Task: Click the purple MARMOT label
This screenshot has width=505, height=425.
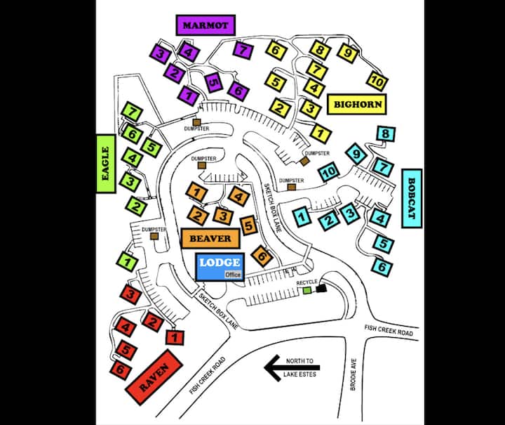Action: (x=206, y=25)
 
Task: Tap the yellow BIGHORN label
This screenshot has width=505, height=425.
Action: (x=358, y=105)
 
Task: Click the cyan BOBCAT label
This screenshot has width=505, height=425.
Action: (x=411, y=197)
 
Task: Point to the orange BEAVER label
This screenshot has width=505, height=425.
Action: (x=210, y=238)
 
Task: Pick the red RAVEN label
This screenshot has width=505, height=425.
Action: (x=154, y=374)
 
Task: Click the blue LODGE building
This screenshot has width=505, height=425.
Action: (x=219, y=266)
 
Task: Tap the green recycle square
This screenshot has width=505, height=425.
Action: (x=307, y=290)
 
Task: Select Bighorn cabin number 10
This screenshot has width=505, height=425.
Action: (x=377, y=81)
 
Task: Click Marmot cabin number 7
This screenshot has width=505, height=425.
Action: (x=243, y=50)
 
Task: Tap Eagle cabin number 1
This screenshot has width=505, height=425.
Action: (x=127, y=262)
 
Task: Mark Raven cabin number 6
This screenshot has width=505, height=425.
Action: (x=120, y=368)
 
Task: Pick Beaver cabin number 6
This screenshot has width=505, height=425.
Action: (x=263, y=257)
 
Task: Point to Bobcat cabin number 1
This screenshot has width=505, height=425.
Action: (x=302, y=217)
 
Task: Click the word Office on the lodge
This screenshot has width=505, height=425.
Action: (x=232, y=275)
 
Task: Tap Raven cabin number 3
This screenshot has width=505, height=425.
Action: (x=131, y=294)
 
